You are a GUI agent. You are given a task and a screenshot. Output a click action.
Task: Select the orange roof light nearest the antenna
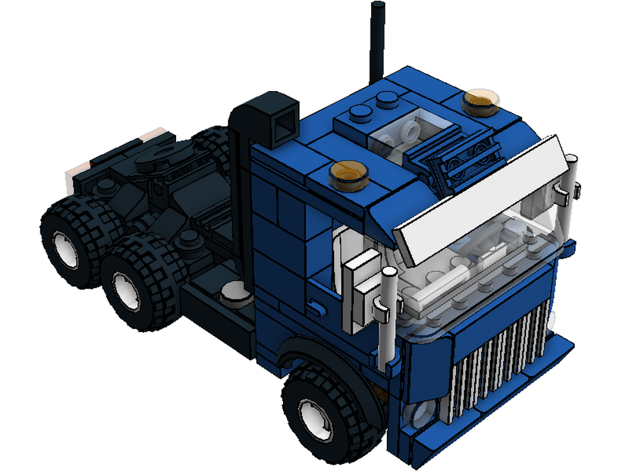[481, 100]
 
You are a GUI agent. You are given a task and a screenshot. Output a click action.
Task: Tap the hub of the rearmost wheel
[65, 248]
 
